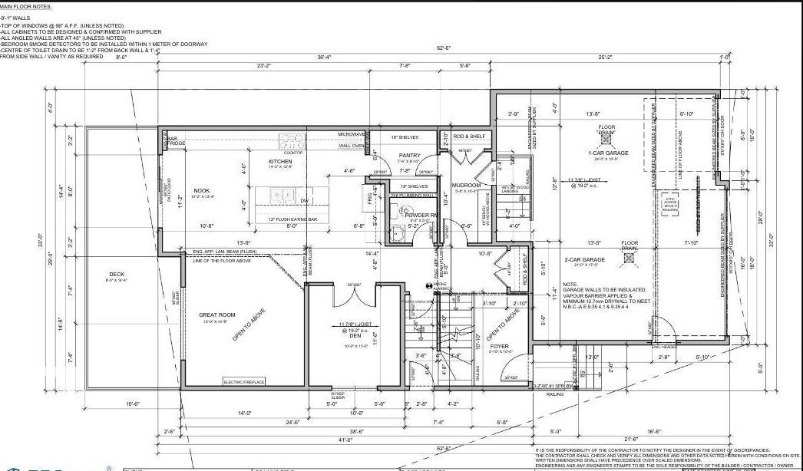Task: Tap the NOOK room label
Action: pos(201,191)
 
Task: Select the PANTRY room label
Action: pos(408,156)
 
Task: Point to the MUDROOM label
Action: pos(466,184)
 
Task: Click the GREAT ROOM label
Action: pos(216,314)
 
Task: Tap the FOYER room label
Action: pos(500,347)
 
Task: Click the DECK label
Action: pos(117,274)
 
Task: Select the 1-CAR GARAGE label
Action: pos(608,153)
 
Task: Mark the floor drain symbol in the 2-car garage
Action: pos(630,259)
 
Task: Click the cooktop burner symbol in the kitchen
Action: pos(292,141)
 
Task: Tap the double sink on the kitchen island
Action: pos(283,196)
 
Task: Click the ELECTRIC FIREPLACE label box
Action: pos(243,382)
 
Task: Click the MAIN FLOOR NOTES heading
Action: pos(26,5)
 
